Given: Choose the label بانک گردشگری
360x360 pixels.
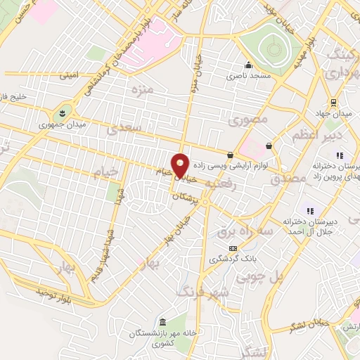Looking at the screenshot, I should (x=232, y=259).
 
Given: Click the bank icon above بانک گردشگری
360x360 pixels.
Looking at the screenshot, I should (x=233, y=247).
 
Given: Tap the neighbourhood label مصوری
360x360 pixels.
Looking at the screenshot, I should (x=248, y=120).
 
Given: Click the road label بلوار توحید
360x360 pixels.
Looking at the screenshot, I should (x=54, y=290).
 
